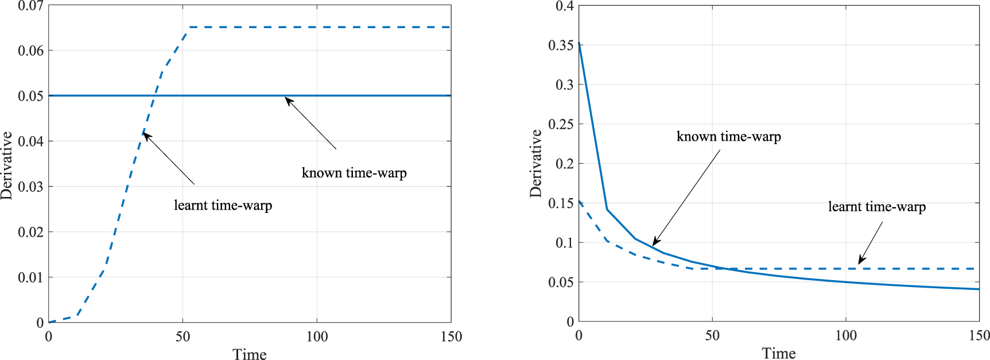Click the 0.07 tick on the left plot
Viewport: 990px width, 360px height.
[x=30, y=6]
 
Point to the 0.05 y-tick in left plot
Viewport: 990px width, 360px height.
[x=30, y=96]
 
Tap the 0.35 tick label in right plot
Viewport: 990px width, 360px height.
[x=560, y=45]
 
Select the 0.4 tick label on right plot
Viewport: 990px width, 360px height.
[x=564, y=6]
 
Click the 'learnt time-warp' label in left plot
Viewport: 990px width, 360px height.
[x=223, y=206]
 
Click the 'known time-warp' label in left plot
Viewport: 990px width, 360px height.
[x=354, y=173]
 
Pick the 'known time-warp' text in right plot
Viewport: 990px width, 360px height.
[x=728, y=137]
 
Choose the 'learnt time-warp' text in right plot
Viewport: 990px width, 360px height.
[x=876, y=207]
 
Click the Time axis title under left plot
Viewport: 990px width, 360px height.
[x=249, y=354]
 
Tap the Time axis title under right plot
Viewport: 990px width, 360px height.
[x=778, y=353]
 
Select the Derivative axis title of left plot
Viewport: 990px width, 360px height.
[x=6, y=165]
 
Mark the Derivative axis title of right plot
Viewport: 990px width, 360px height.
[x=535, y=164]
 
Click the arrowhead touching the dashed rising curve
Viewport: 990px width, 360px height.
[x=145, y=135]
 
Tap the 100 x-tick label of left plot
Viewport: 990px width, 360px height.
[x=317, y=336]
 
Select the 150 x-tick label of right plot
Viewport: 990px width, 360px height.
[x=979, y=335]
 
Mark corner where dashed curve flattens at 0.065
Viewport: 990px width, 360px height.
[x=189, y=28]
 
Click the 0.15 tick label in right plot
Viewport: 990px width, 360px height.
[x=560, y=203]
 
